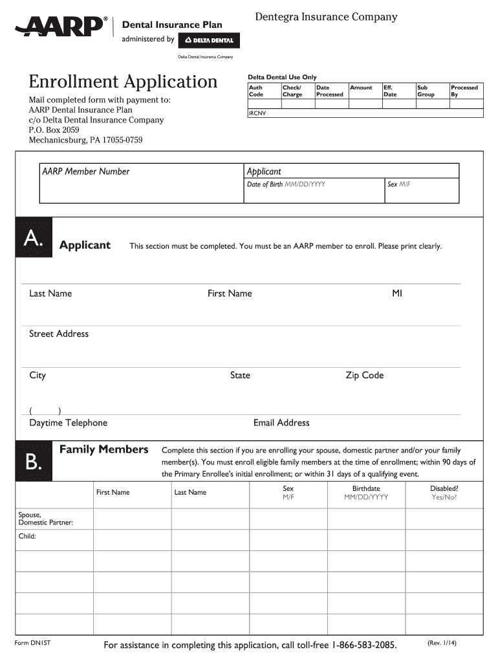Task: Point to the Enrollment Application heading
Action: tap(123, 82)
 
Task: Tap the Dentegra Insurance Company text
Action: tap(326, 17)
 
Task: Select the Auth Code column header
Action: tap(256, 91)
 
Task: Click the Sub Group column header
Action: tap(426, 91)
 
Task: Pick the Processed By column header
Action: tap(464, 91)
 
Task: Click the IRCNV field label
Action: tap(257, 113)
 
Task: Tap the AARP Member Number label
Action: tap(85, 172)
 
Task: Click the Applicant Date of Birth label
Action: tap(286, 185)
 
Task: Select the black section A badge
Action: tap(33, 240)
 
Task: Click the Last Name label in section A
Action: tap(50, 293)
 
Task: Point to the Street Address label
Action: tap(59, 334)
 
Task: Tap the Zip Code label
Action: tap(364, 376)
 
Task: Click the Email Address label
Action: tap(281, 423)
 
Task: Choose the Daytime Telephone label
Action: tap(68, 423)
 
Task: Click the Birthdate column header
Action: tap(366, 493)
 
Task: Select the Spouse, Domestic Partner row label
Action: tap(45, 518)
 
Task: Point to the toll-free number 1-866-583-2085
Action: tap(364, 646)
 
